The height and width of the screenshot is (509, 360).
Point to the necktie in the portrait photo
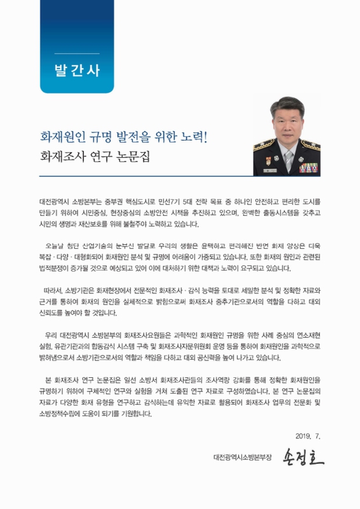click(x=288, y=160)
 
